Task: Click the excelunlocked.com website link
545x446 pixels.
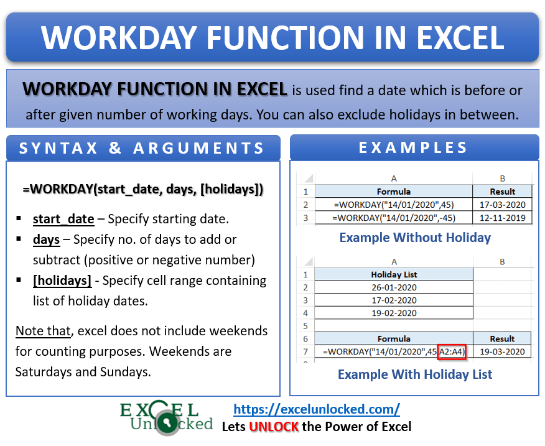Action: [x=316, y=409]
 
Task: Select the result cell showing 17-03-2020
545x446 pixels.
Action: [x=503, y=204]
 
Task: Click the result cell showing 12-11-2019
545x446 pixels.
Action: [x=503, y=218]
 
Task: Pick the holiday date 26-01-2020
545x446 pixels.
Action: [x=394, y=287]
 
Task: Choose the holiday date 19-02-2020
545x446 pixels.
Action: [x=394, y=313]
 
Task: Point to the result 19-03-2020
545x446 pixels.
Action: [x=503, y=351]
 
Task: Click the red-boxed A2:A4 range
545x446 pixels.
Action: [x=452, y=351]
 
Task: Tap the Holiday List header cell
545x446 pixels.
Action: [x=394, y=274]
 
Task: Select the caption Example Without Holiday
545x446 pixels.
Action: [x=415, y=238]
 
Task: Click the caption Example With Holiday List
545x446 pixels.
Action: [x=415, y=374]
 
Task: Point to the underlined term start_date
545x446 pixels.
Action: [x=63, y=219]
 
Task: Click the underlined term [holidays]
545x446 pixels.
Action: [x=62, y=281]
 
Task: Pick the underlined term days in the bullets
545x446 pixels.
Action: [x=46, y=239]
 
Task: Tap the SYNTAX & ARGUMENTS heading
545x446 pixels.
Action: [x=142, y=149]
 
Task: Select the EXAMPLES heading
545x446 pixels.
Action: [x=414, y=148]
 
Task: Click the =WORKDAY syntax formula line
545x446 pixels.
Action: [x=142, y=188]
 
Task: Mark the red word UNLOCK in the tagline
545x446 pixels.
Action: [x=274, y=427]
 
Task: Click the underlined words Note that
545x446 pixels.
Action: [x=42, y=331]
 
